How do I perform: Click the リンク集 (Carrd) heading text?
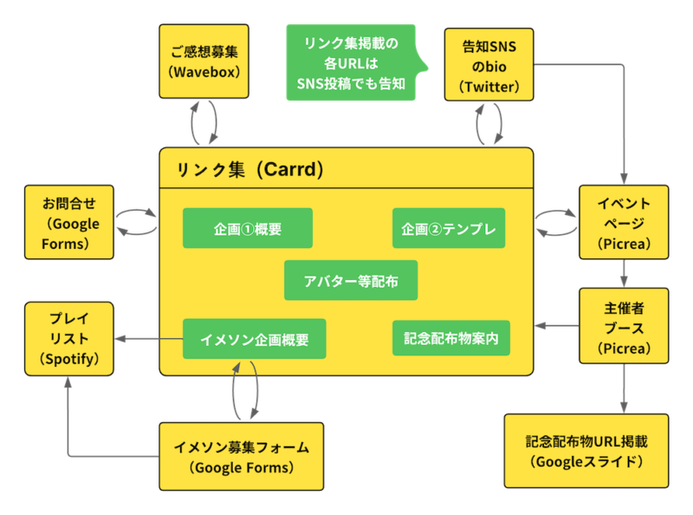coord(250,170)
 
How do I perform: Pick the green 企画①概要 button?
coord(247,229)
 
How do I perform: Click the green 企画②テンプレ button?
coord(448,229)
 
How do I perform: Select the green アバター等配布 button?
coord(350,281)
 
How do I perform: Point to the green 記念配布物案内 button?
coord(450,337)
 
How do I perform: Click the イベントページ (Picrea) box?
coord(624,223)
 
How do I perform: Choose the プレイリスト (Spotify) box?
coord(70,338)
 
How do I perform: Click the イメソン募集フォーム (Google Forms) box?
coord(242,456)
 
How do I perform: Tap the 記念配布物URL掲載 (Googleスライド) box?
coord(586,451)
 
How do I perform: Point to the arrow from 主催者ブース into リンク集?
coord(557,326)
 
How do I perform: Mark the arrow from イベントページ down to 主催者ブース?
coord(623,274)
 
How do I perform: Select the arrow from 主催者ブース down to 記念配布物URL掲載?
coord(623,387)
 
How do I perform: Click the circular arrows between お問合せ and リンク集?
coord(136,222)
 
